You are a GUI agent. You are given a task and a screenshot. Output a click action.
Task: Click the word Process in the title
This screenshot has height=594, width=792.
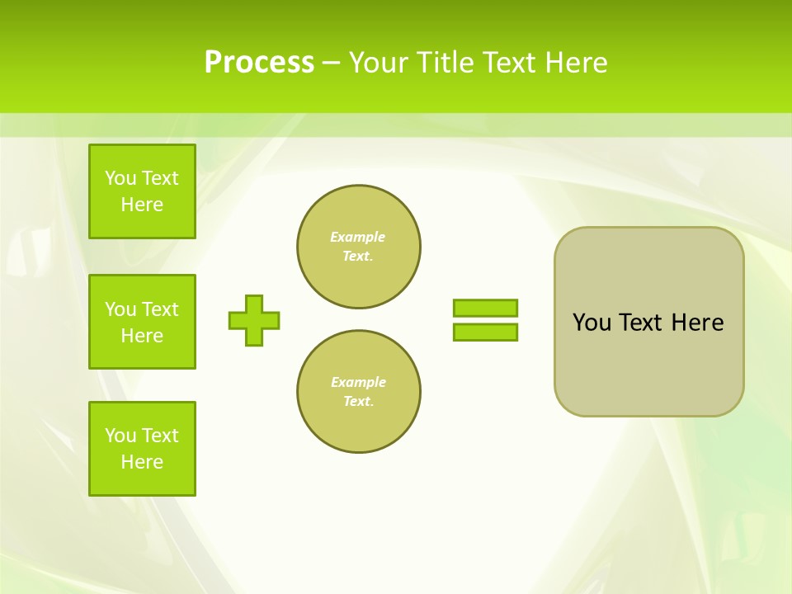pyautogui.click(x=259, y=63)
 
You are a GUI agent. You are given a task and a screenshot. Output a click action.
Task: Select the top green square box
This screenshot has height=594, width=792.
pyautogui.click(x=142, y=191)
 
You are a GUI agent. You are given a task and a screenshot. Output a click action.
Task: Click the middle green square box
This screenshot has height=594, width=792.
pyautogui.click(x=142, y=322)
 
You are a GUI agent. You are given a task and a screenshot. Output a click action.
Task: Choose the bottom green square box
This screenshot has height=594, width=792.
pyautogui.click(x=142, y=449)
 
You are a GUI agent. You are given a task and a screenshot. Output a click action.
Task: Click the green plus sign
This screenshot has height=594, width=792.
pyautogui.click(x=254, y=320)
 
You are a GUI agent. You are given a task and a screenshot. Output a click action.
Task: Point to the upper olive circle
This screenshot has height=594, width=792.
pyautogui.click(x=359, y=247)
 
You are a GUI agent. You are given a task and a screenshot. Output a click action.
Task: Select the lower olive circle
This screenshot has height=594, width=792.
pyautogui.click(x=359, y=392)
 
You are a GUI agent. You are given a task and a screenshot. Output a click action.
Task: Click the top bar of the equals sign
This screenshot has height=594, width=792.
pyautogui.click(x=485, y=308)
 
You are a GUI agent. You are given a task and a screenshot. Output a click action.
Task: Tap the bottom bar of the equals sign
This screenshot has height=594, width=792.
pyautogui.click(x=485, y=332)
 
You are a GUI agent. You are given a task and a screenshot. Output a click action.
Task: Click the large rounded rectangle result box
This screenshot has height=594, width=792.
pyautogui.click(x=648, y=363)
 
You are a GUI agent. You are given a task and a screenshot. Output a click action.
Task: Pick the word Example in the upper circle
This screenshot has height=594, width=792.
pyautogui.click(x=358, y=237)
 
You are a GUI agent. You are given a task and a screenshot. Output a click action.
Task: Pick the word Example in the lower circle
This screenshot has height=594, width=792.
pyautogui.click(x=358, y=382)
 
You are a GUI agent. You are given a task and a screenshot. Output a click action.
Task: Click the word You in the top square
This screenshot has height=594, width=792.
pyautogui.click(x=120, y=178)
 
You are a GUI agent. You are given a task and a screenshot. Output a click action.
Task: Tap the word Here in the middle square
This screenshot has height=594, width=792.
pyautogui.click(x=142, y=336)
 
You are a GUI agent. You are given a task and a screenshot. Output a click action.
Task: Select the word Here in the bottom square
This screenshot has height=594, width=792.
pyautogui.click(x=142, y=462)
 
